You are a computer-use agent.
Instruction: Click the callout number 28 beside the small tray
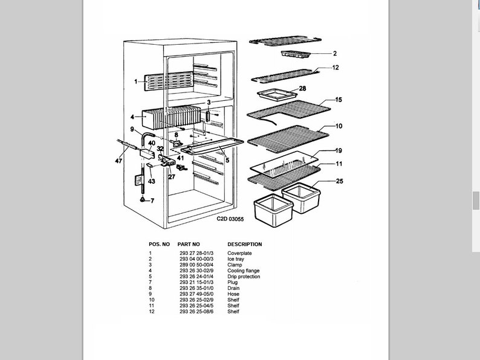click(x=303, y=89)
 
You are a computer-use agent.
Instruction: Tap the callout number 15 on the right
click(x=339, y=100)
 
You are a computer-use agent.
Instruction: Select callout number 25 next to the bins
click(x=339, y=181)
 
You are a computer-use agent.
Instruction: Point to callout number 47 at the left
click(x=119, y=162)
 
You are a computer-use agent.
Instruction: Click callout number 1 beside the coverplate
click(x=136, y=81)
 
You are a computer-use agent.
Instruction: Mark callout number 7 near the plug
click(x=152, y=201)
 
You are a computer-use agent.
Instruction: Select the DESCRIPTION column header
click(x=244, y=244)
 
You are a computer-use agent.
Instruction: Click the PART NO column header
click(x=188, y=244)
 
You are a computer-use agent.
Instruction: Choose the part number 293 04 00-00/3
click(x=196, y=259)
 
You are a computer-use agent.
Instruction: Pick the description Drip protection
click(x=244, y=277)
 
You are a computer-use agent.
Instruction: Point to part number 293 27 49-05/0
click(x=196, y=294)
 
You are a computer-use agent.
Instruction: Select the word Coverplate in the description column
click(x=239, y=253)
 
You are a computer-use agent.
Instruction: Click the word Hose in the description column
click(x=233, y=294)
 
